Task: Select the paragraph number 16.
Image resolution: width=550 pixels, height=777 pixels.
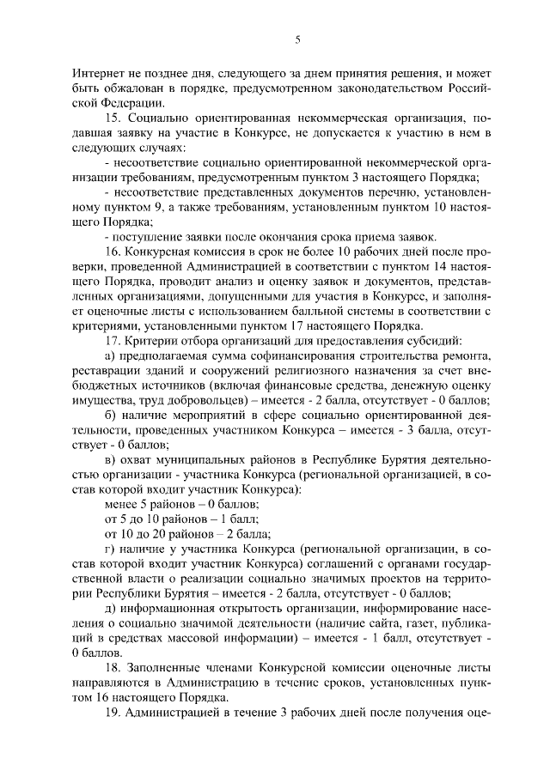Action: [113, 252]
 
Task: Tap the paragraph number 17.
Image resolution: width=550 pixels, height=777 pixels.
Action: [113, 341]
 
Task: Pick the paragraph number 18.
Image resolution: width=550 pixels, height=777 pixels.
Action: [113, 667]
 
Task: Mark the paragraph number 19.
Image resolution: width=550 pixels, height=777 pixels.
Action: [113, 712]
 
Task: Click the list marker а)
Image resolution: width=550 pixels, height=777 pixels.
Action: [108, 355]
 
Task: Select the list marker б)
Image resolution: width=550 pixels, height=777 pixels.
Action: [108, 416]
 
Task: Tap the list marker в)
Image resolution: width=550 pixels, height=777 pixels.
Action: [108, 460]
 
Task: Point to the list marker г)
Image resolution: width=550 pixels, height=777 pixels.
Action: [108, 549]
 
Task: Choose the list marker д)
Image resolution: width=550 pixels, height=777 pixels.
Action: [108, 608]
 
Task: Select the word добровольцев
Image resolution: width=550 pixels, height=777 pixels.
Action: [199, 400]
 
